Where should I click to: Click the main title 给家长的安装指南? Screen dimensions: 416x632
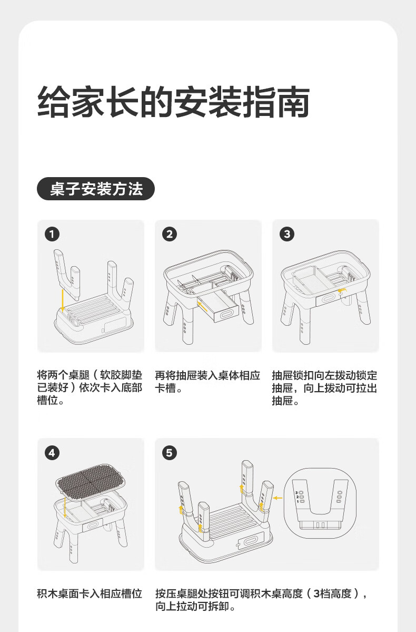point(174,102)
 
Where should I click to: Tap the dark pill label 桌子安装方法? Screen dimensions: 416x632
point(96,189)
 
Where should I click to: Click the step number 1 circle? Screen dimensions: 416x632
point(52,234)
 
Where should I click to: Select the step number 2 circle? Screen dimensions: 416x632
point(170,234)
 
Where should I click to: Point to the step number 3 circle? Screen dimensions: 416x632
point(287,234)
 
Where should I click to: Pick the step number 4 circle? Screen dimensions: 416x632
point(52,453)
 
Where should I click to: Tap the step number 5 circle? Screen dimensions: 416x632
point(170,453)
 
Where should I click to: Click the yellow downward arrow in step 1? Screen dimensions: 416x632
point(63,299)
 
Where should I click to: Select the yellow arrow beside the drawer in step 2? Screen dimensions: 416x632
point(203,306)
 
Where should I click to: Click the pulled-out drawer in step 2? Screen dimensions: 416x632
point(223,308)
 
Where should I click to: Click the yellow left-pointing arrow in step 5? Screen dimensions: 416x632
point(278,498)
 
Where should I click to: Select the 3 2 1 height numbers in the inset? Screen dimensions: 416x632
point(297,497)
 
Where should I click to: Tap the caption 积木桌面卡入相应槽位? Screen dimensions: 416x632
point(90,594)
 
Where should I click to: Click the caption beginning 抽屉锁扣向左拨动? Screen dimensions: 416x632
point(324,388)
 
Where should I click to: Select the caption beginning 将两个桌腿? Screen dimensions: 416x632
point(90,388)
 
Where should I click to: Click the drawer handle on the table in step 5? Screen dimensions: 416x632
point(250,540)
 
